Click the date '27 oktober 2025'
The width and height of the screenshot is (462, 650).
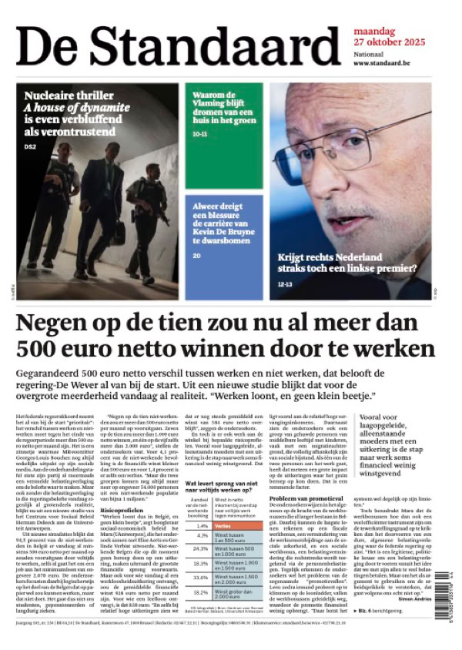(x=384, y=42)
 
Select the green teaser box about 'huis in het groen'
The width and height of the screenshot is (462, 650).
(x=223, y=136)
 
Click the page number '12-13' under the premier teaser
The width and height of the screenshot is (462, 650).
(x=283, y=285)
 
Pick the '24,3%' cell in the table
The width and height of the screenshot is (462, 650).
(x=202, y=548)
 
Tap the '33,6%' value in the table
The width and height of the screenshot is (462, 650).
(x=202, y=578)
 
